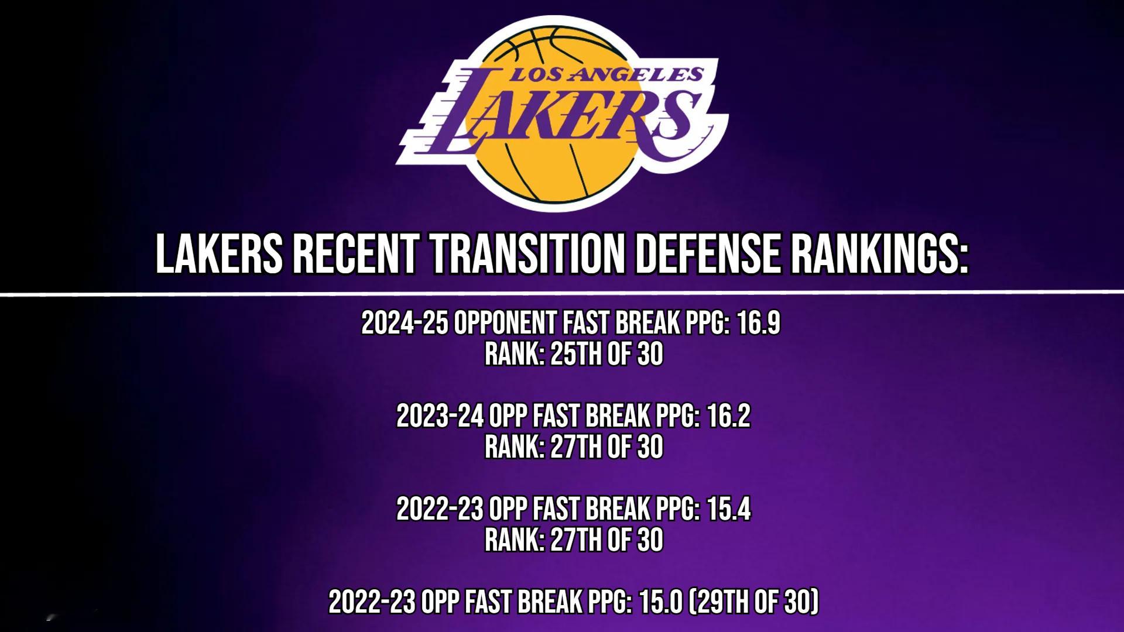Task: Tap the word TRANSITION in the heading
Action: (526, 255)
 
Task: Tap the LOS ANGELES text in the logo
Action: (606, 74)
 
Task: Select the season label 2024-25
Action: (405, 323)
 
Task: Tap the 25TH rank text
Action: (577, 355)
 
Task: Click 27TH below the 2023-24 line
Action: (577, 448)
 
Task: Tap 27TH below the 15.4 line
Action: (577, 541)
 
